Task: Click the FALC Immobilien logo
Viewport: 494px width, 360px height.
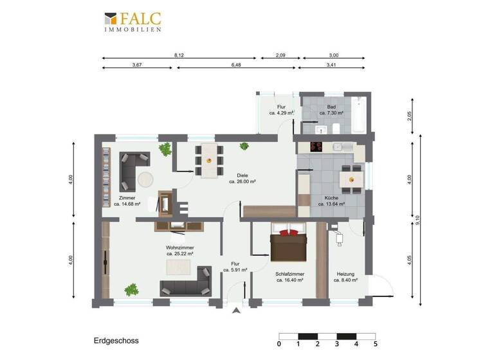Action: pyautogui.click(x=133, y=21)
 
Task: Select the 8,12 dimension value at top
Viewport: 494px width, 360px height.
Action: pyautogui.click(x=179, y=56)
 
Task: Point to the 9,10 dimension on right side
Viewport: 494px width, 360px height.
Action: pyautogui.click(x=417, y=220)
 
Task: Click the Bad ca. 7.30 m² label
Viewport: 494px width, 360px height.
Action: pyautogui.click(x=331, y=110)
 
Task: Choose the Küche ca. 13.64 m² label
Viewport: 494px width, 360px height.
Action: pyautogui.click(x=331, y=201)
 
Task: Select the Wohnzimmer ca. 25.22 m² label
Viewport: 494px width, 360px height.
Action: pyautogui.click(x=179, y=250)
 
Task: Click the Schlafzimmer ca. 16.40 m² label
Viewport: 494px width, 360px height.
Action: pyautogui.click(x=289, y=277)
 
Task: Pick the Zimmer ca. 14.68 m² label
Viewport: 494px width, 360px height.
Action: pyautogui.click(x=127, y=201)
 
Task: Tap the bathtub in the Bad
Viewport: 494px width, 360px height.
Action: pyautogui.click(x=360, y=116)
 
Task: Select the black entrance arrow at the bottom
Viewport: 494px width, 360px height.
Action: pyautogui.click(x=237, y=311)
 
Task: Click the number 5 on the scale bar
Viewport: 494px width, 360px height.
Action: pyautogui.click(x=375, y=344)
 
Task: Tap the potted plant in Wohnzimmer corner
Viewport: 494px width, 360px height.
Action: pyautogui.click(x=132, y=289)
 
